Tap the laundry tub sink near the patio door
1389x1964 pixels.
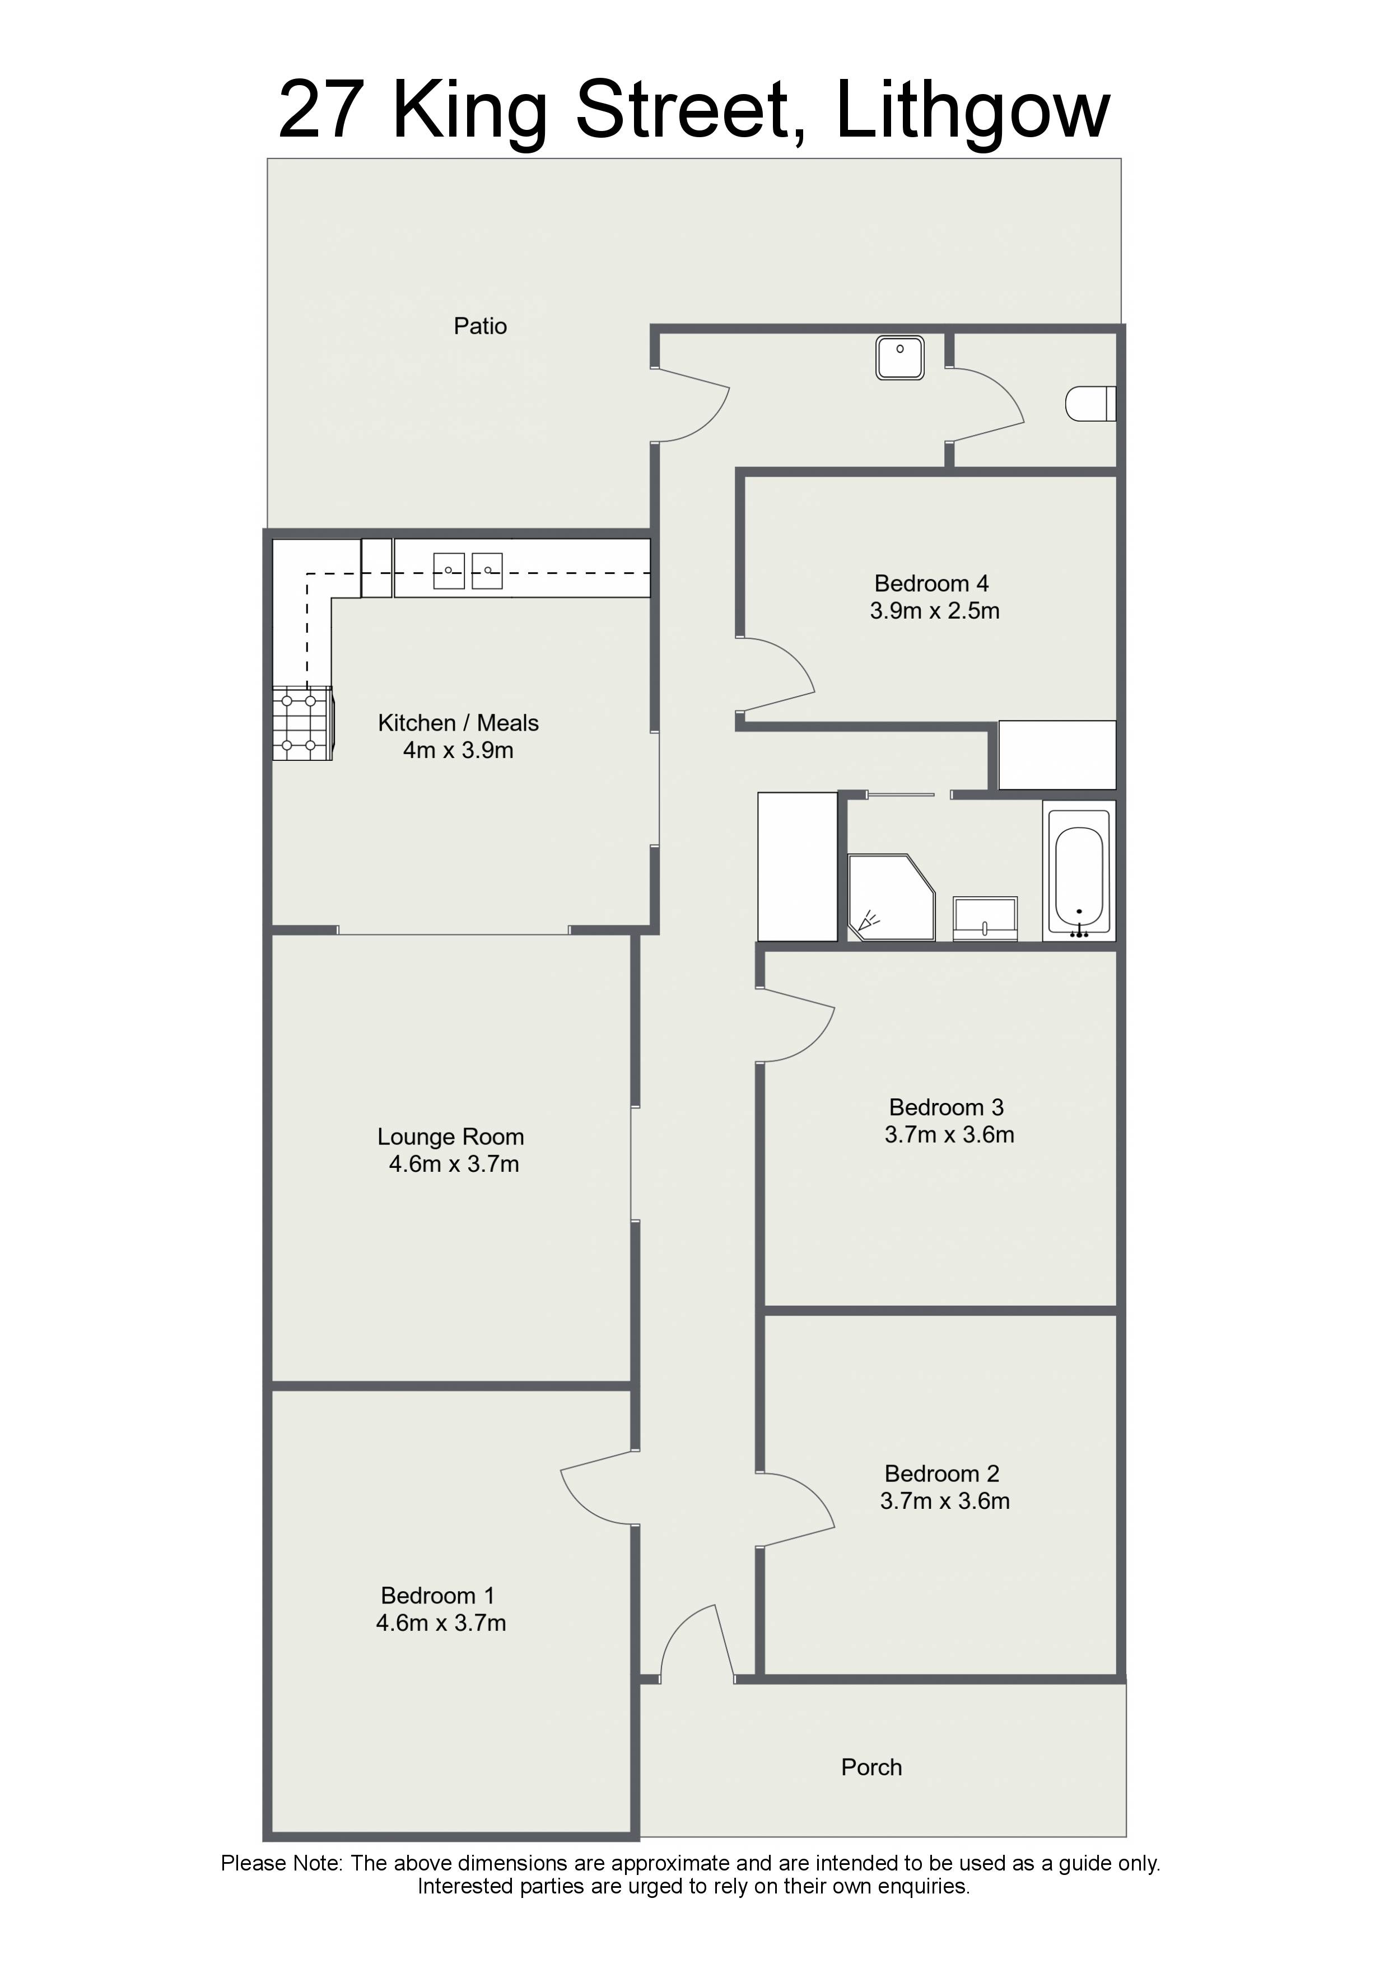pyautogui.click(x=899, y=358)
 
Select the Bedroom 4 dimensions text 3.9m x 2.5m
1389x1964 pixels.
pyautogui.click(x=935, y=611)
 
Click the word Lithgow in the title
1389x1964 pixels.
pyautogui.click(x=972, y=111)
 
